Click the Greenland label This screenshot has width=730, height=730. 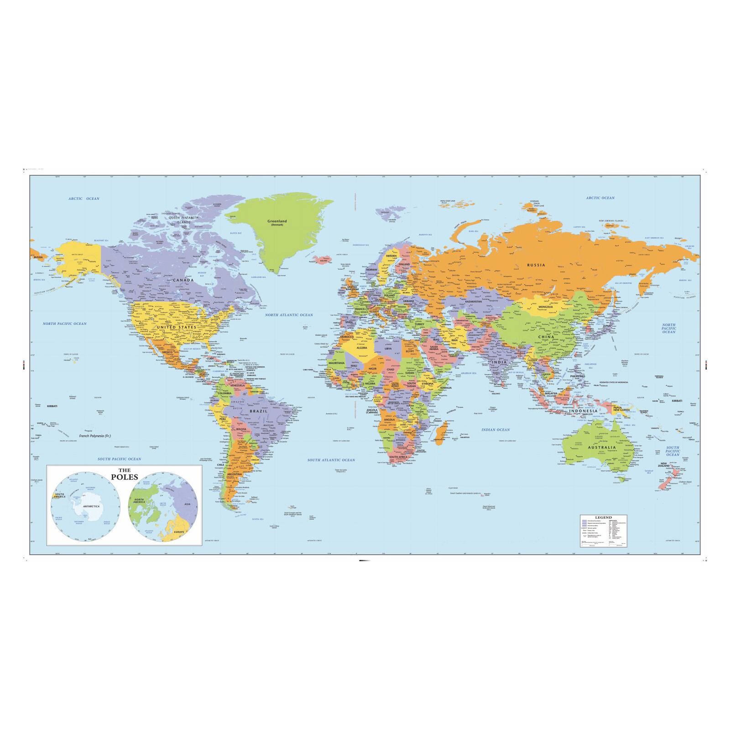(x=277, y=221)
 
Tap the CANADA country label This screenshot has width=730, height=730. (x=182, y=280)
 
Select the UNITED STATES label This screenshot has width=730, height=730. (x=176, y=327)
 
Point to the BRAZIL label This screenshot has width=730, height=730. (x=258, y=412)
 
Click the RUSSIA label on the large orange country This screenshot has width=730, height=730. (x=536, y=265)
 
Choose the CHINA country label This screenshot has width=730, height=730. (x=546, y=337)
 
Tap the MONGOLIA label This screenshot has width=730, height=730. (x=545, y=307)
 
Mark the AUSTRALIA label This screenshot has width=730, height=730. (x=602, y=448)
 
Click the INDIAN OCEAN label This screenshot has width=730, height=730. (x=495, y=430)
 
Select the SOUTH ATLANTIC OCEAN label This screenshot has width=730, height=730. (x=331, y=460)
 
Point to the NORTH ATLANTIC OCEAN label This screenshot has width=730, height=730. (x=289, y=315)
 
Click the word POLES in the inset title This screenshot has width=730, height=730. (x=124, y=477)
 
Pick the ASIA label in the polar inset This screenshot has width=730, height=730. (x=187, y=504)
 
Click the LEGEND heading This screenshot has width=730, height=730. (x=603, y=518)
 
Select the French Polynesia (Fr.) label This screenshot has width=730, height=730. (x=95, y=436)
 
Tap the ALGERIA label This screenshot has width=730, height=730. (x=361, y=348)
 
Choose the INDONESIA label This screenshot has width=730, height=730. (x=583, y=411)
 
